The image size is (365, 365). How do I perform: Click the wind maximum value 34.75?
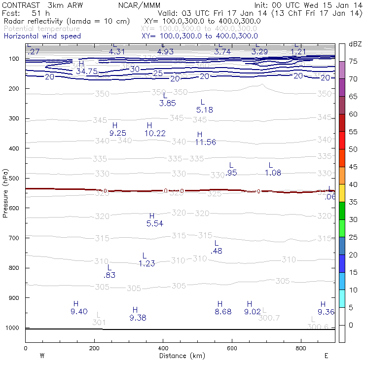[x=85, y=72]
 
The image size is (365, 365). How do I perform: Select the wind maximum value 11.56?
[x=205, y=142]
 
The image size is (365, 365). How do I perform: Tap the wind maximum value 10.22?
[x=155, y=133]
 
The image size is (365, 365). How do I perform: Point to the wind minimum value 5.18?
[x=204, y=110]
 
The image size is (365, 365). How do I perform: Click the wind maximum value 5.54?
[x=154, y=224]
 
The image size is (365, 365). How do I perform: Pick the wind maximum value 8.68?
[x=223, y=312]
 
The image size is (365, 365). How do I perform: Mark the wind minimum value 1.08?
[x=273, y=173]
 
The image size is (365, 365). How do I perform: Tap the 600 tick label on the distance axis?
[x=232, y=348]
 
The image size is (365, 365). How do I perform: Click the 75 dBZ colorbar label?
[x=353, y=62]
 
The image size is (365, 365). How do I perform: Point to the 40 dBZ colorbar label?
[x=353, y=184]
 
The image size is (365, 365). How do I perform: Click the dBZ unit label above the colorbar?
[x=355, y=44]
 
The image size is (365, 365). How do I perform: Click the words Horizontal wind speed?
[x=42, y=36]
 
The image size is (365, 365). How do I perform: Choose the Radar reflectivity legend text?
[x=67, y=21]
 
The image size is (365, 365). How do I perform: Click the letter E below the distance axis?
[x=326, y=355]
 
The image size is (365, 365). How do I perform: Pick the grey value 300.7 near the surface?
[x=269, y=318]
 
